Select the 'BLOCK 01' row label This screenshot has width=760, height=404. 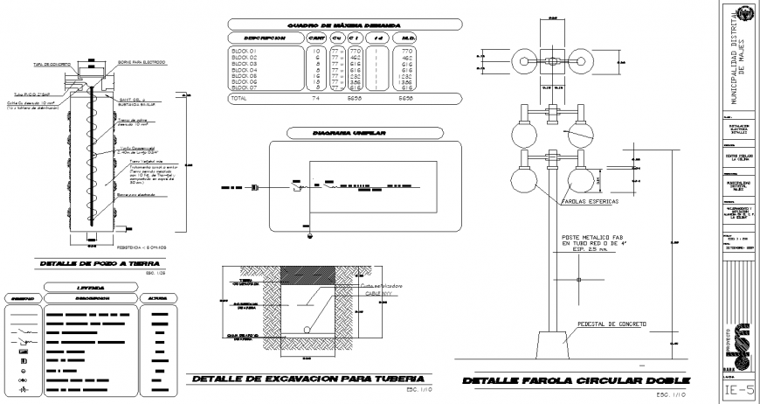(243, 52)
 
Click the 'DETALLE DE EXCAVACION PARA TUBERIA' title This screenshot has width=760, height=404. (312, 377)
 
